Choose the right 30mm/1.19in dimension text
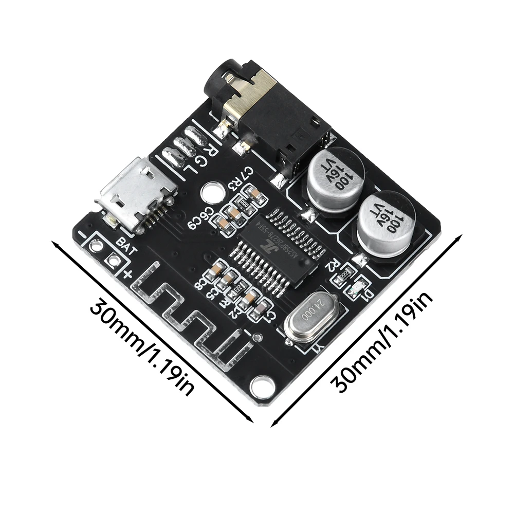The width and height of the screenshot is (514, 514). tap(383, 340)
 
